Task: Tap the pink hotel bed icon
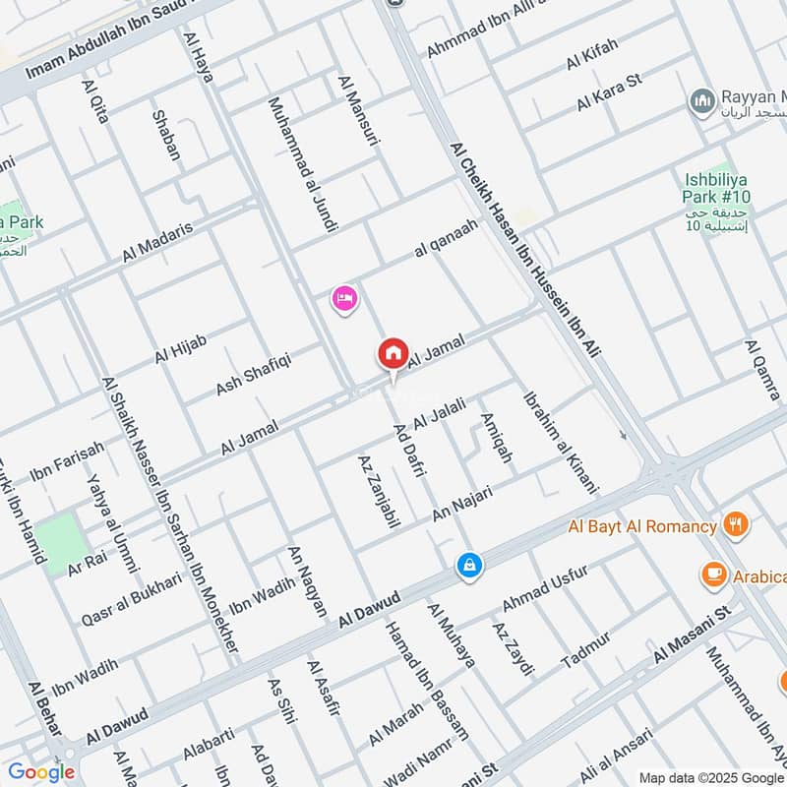tap(343, 298)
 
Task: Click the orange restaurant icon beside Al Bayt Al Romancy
tap(734, 525)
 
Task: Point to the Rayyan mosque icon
tap(700, 100)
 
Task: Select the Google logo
tap(41, 772)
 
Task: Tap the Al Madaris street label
tap(157, 241)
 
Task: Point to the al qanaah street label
tap(446, 238)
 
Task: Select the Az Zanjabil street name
tap(379, 492)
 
